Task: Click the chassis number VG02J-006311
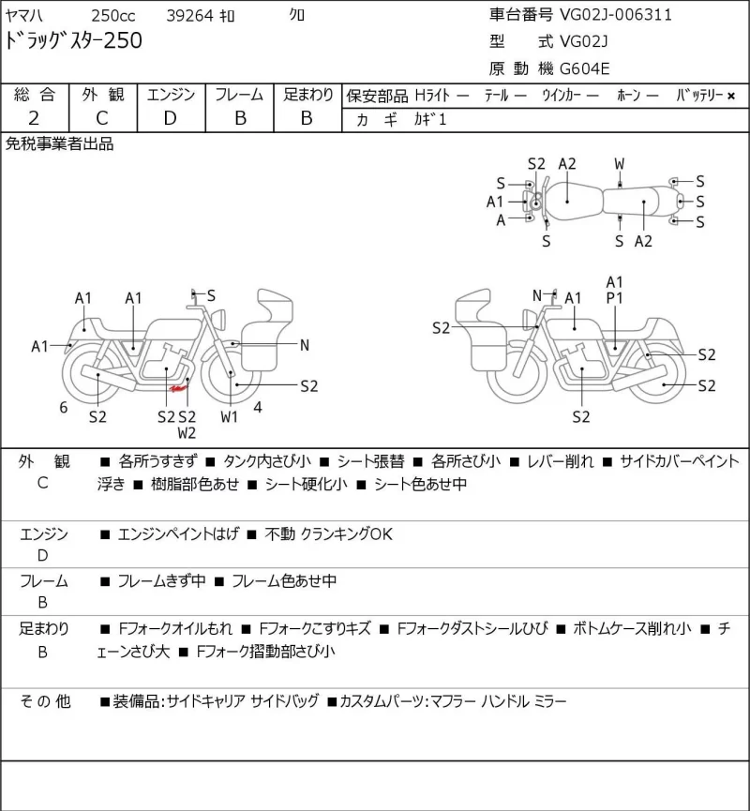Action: [616, 14]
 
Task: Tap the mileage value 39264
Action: [189, 16]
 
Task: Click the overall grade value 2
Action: [34, 118]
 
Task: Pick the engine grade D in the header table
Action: [171, 118]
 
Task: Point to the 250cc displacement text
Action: [113, 16]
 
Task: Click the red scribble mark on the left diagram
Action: [178, 388]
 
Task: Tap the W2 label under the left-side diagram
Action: [187, 433]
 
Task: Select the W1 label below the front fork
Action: [229, 417]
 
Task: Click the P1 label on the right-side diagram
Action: [614, 298]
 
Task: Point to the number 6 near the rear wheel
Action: [64, 408]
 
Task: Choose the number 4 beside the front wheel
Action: [258, 408]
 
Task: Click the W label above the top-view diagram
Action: [619, 164]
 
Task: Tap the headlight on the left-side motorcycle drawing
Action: [220, 318]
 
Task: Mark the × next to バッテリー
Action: [731, 96]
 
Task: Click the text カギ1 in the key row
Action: [429, 119]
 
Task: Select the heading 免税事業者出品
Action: [59, 144]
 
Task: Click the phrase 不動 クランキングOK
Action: [328, 533]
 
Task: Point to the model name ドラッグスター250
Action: [73, 41]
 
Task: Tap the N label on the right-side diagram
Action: [537, 295]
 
